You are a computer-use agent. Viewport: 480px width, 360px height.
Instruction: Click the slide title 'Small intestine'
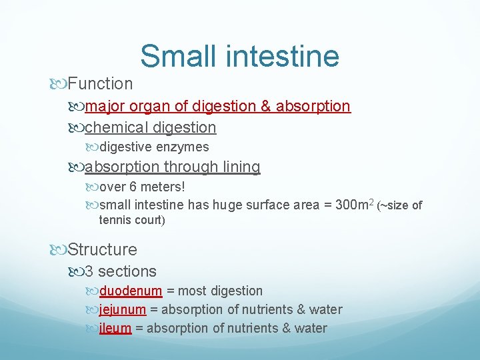pyautogui.click(x=239, y=56)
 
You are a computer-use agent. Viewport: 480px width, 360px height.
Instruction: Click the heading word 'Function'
pyautogui.click(x=100, y=84)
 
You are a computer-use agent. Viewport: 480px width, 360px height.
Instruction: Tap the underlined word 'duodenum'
pyautogui.click(x=131, y=291)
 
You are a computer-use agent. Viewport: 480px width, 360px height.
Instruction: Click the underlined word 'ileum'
pyautogui.click(x=115, y=329)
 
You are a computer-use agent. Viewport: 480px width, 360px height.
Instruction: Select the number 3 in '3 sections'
pyautogui.click(x=89, y=271)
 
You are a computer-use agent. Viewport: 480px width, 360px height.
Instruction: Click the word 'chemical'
pyautogui.click(x=117, y=127)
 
